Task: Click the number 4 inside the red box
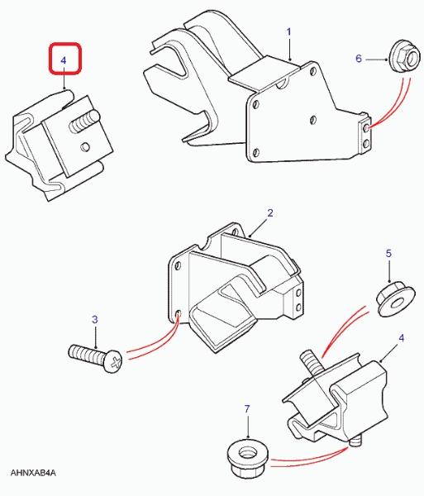[64, 60]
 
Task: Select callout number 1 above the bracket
[288, 32]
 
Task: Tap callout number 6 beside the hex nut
[359, 59]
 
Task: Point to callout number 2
[270, 213]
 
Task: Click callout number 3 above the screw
[95, 319]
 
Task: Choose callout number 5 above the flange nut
[388, 254]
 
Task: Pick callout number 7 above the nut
[247, 409]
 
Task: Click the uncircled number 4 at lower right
[401, 338]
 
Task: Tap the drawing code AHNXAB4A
[33, 473]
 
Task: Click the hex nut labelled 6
[405, 57]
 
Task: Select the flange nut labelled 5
[395, 301]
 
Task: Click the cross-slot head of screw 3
[114, 361]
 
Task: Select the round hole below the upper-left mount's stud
[85, 147]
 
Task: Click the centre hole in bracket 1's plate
[313, 119]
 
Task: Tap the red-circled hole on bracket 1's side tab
[366, 128]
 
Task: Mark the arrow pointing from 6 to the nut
[376, 60]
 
